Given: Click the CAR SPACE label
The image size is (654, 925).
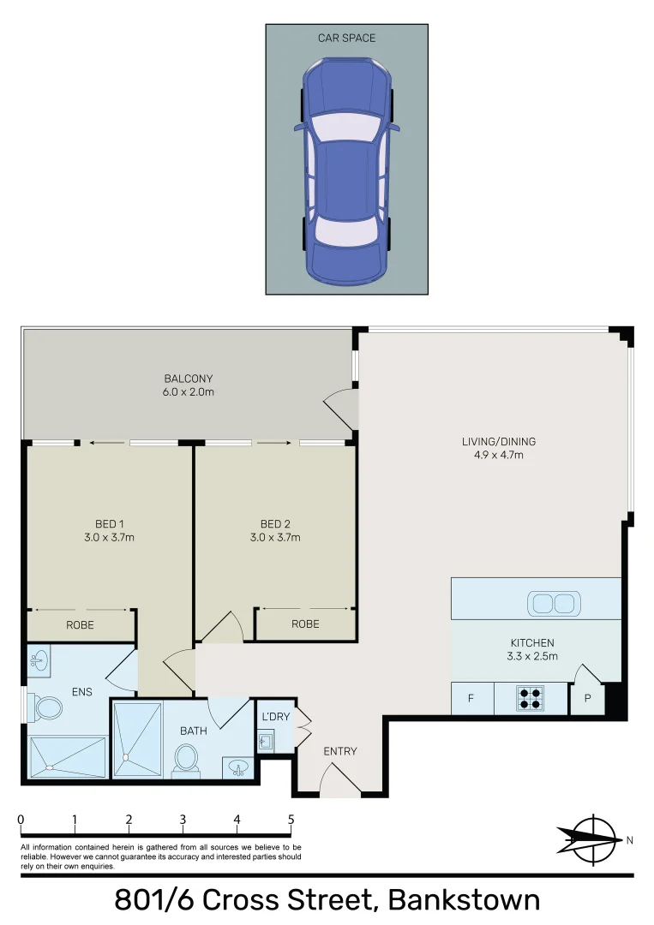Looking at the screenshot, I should coord(346,38).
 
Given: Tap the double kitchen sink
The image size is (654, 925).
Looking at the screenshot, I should coord(552,604).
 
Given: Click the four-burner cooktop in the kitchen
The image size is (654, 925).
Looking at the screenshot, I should coord(531,698).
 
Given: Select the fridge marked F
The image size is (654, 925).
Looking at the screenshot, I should coord(471,698).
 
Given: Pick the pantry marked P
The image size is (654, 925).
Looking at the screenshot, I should coord(588,698).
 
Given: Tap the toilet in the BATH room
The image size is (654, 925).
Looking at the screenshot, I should coord(186,759).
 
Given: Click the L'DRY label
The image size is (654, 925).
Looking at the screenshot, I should coord(274,716).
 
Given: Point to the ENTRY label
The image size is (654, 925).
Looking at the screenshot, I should coord(339,751).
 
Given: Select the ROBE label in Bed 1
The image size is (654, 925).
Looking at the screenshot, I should coord(80,625).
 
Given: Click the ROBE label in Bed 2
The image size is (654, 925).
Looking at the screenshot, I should coord(305,624).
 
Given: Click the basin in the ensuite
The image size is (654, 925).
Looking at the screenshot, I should coord(38,659).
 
